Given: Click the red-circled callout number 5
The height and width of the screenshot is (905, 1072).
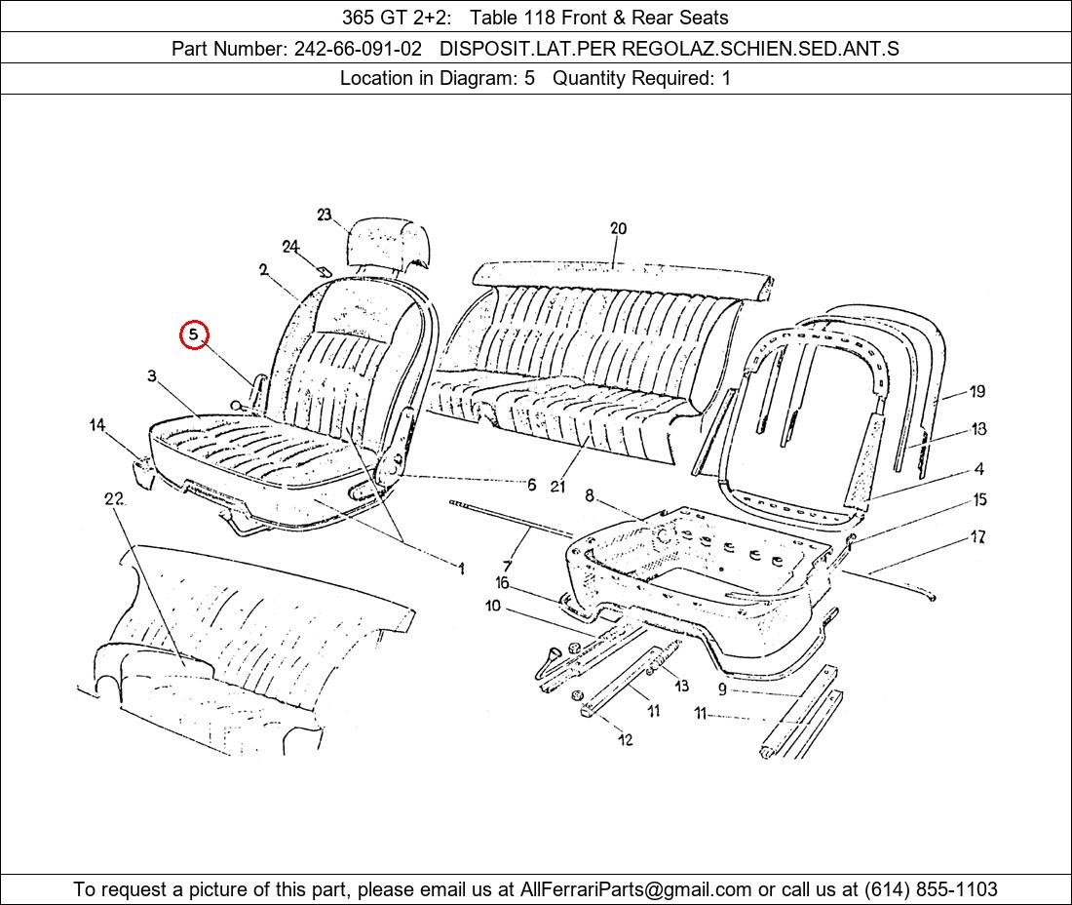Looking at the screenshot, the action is pos(194,334).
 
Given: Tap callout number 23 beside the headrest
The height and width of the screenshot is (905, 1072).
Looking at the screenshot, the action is pos(325,215).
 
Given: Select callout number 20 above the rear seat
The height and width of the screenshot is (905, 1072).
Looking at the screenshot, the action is pos(618,228).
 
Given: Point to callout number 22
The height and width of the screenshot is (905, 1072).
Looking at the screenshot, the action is pos(113,498).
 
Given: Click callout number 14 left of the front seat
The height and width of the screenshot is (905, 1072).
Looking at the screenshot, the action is pos(97,425).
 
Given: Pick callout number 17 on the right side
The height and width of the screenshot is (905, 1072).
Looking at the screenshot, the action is pos(977,537).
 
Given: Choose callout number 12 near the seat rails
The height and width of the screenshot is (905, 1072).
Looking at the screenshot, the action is pos(625,739).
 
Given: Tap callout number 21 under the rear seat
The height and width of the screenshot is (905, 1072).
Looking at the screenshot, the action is pos(557,487).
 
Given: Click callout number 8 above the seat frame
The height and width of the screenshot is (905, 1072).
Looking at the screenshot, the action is pos(590,496).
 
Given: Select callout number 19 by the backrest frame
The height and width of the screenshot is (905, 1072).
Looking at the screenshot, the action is pos(977,391).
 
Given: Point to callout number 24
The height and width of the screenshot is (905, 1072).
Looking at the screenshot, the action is pos(290,247).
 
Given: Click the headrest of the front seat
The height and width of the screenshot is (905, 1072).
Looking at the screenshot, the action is pos(390,243).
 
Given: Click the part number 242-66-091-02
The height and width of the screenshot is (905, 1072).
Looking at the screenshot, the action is pos(358,49).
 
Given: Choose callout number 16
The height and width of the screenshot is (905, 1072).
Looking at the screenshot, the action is pos(502,583).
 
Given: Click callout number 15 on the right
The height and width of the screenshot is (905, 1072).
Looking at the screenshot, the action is pos(979,499).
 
